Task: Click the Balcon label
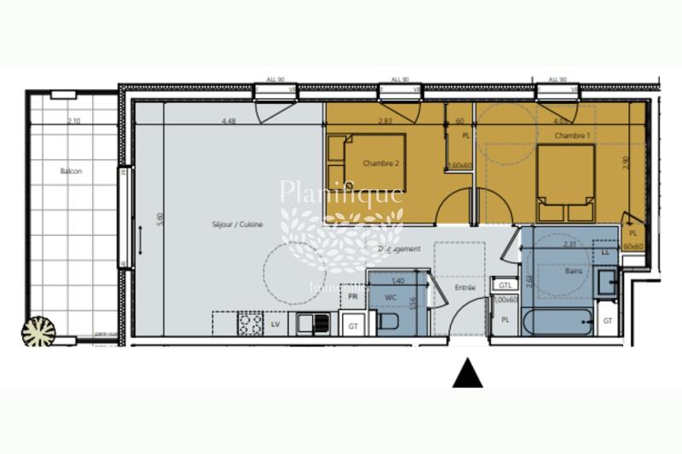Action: click(x=72, y=171)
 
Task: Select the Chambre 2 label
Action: click(x=380, y=163)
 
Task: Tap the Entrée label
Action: click(x=465, y=288)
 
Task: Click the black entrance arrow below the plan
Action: click(x=467, y=373)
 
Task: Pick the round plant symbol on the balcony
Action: click(x=38, y=330)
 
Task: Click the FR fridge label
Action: click(x=353, y=296)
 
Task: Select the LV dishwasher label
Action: click(x=275, y=325)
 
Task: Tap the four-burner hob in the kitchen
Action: click(x=251, y=324)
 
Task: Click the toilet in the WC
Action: click(x=387, y=323)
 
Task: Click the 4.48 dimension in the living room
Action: click(x=228, y=121)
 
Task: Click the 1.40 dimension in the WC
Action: click(x=397, y=280)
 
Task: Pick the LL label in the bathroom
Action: click(x=605, y=253)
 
